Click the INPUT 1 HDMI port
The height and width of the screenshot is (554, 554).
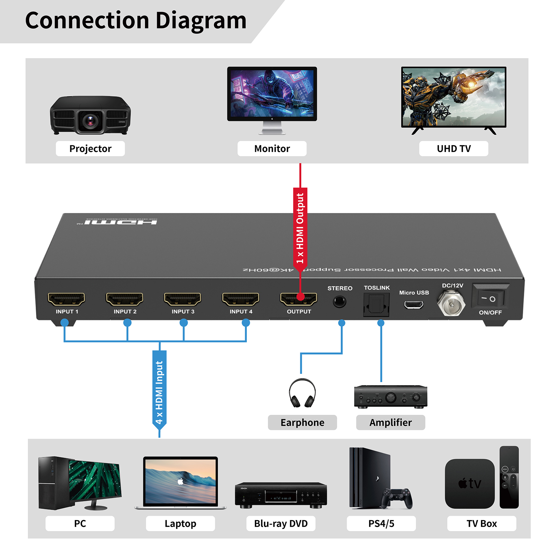[x=66, y=299]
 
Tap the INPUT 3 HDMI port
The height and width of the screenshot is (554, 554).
[x=182, y=299]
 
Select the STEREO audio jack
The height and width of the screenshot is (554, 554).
[x=339, y=302]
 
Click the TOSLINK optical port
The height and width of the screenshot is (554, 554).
[x=376, y=304]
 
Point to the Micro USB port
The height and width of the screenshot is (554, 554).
[x=414, y=305]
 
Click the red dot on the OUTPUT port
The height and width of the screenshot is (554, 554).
[x=301, y=297]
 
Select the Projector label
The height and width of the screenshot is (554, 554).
[x=90, y=149]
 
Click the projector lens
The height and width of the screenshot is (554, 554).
[x=90, y=121]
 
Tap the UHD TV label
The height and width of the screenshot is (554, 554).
[x=454, y=149]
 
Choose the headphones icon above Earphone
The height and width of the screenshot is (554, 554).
[x=302, y=393]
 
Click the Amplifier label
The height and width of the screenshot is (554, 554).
[x=391, y=422]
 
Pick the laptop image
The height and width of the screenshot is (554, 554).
[x=180, y=483]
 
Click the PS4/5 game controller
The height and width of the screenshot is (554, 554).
[x=397, y=497]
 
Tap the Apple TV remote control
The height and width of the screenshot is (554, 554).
[x=509, y=477]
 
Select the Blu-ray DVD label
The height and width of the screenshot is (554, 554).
[x=281, y=524]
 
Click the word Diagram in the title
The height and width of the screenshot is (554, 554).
[x=201, y=21]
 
